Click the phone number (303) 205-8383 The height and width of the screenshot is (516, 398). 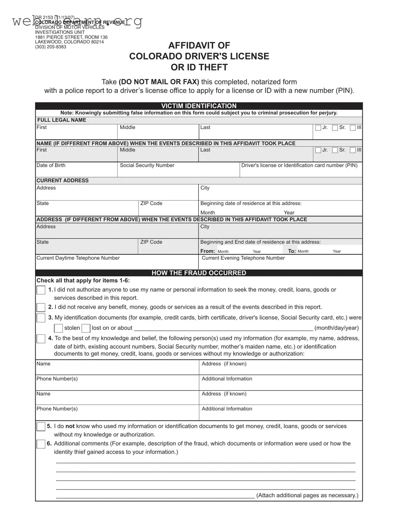pos(50,47)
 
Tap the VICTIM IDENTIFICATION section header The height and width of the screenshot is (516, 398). pos(199,106)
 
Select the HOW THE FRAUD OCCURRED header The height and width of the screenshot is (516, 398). pos(199,273)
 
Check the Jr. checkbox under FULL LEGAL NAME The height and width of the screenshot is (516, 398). pos(318,128)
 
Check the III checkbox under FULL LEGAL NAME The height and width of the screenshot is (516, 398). pos(353,128)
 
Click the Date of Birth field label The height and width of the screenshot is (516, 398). pos(51,165)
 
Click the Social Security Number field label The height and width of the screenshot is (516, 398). pos(147,165)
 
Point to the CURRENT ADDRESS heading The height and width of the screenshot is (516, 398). pos(63,180)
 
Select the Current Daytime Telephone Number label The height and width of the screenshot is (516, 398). pos(78,258)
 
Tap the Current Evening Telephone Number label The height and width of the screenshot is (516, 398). pos(243,258)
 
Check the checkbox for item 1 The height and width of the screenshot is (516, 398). pos(41,290)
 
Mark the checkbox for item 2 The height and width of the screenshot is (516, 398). pos(41,308)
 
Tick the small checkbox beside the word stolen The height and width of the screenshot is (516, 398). pos(58,328)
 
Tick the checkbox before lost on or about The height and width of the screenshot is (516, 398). pos(86,328)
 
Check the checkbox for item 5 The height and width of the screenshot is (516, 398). pos(41,427)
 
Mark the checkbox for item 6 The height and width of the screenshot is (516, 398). pos(41,444)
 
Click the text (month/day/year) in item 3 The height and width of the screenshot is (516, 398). pos(336,328)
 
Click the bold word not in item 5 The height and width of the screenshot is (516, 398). pos(70,426)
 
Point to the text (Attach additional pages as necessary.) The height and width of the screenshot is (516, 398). pos(307,495)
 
